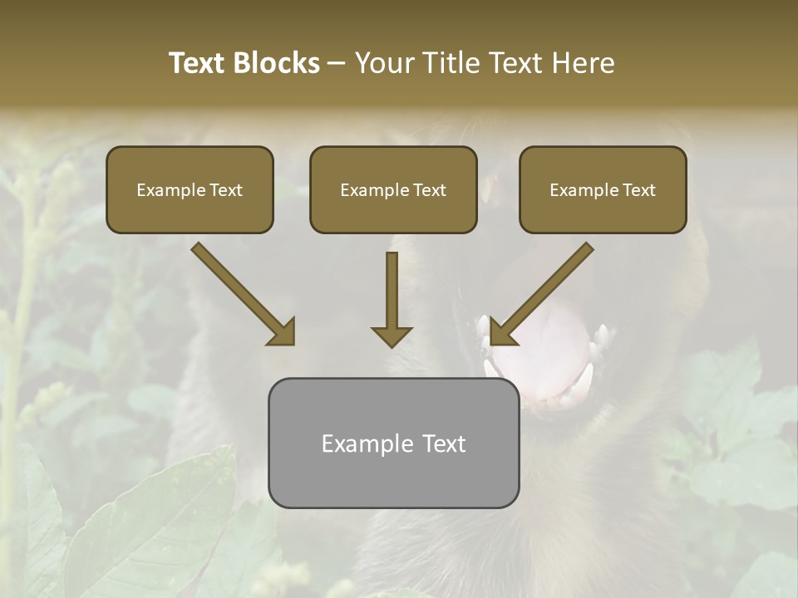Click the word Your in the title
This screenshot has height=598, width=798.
click(382, 63)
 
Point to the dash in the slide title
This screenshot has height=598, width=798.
click(337, 64)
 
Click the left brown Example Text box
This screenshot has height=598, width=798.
click(190, 189)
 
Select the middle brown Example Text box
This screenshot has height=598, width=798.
click(393, 189)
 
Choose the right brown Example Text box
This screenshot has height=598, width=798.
click(603, 189)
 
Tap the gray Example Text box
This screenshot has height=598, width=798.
click(393, 443)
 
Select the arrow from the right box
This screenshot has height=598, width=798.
click(544, 291)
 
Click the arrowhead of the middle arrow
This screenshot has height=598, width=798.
click(392, 336)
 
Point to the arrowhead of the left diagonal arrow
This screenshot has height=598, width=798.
click(283, 332)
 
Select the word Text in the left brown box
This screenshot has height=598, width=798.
click(226, 190)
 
